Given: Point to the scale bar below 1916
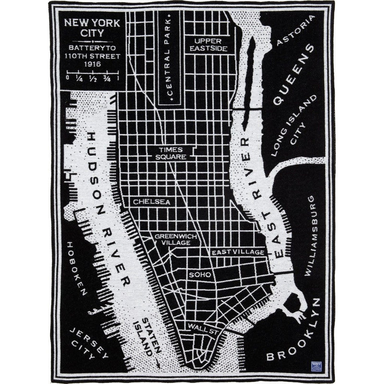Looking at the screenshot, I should pos(90,73).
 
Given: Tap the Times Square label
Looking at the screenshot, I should pos(172,153).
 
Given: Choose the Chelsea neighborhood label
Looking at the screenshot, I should pos(152,202).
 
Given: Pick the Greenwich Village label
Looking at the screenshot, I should pos(172,240).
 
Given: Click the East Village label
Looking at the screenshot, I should pos(238,252).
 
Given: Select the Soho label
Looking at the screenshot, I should pos(199,275).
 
